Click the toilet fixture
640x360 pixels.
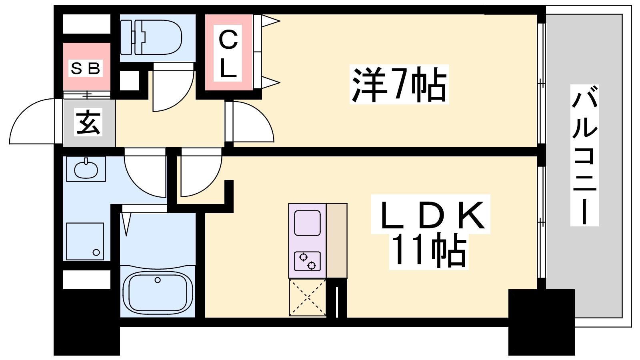point(152,38)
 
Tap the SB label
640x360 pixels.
point(85,68)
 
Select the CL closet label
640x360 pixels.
point(228,54)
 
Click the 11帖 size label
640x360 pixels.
point(429,251)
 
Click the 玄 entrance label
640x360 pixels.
point(88,122)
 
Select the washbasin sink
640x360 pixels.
point(86,168)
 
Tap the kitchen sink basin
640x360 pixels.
point(307,223)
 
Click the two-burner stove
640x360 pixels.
point(307,261)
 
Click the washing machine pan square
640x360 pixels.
point(85,241)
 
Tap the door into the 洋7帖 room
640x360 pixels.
point(252,122)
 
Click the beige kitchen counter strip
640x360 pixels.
point(336,240)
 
